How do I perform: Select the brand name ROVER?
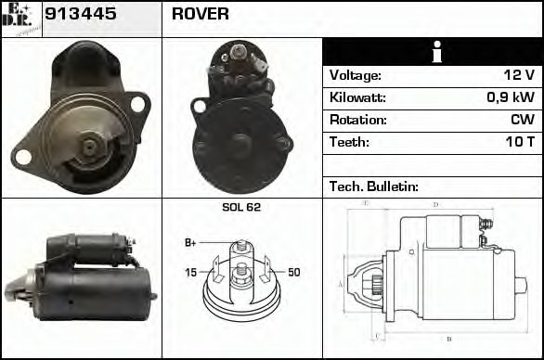pyautogui.click(x=201, y=15)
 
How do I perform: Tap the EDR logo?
pyautogui.click(x=20, y=18)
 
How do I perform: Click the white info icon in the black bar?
pyautogui.click(x=433, y=52)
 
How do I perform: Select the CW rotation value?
pyautogui.click(x=524, y=120)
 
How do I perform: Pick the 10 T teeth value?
pyautogui.click(x=519, y=142)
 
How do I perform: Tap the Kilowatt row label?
pyautogui.click(x=357, y=97)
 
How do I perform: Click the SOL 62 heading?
pyautogui.click(x=241, y=207)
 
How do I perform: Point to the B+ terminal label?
pyautogui.click(x=190, y=242)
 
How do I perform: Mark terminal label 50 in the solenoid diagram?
pyautogui.click(x=294, y=272)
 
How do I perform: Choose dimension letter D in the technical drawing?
pyautogui.click(x=435, y=204)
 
